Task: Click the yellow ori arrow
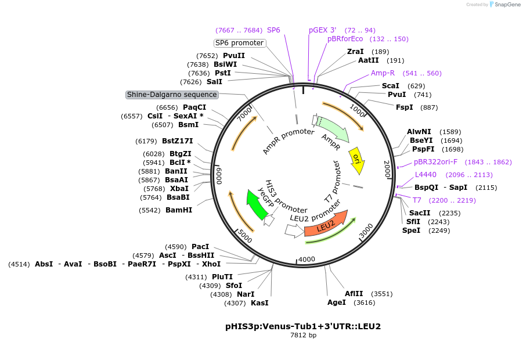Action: point(357,161)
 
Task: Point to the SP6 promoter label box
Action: point(239,43)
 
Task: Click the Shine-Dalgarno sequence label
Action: point(172,95)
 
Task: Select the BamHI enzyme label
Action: point(179,210)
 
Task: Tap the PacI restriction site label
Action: point(200,247)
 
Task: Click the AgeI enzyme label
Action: point(337,302)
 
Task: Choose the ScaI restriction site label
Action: point(390,86)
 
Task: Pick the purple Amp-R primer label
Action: point(383,73)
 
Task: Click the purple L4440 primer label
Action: point(425,175)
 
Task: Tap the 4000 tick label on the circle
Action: point(306,259)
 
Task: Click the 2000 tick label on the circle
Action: point(387,169)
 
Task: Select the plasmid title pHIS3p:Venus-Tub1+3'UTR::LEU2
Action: point(303,326)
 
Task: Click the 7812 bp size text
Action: point(303,335)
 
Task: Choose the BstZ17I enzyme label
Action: point(178,141)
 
